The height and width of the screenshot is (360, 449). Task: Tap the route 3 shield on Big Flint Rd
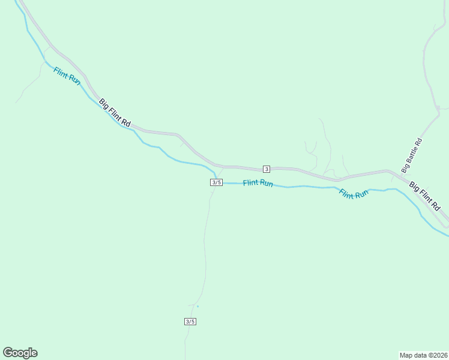(x=266, y=169)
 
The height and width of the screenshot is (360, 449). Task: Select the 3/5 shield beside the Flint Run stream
(x=217, y=182)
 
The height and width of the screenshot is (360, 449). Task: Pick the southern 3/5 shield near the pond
(x=190, y=322)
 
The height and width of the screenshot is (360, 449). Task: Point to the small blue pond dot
(x=197, y=307)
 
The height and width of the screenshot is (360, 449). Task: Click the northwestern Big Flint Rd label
(x=115, y=113)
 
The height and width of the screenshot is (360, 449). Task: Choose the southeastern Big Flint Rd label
(x=429, y=196)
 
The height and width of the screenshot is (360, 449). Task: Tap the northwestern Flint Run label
(x=67, y=76)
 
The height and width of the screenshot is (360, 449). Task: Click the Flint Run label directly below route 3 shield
(x=258, y=183)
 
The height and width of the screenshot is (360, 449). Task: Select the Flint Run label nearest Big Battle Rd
(x=354, y=194)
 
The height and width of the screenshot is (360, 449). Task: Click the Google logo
(x=20, y=353)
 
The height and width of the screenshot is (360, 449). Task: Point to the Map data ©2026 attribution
(x=423, y=355)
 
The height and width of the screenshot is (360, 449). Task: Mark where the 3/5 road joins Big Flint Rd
(x=223, y=167)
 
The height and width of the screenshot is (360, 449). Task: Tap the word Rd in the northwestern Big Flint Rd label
(x=125, y=122)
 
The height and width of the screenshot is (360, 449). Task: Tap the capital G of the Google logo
(x=7, y=352)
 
